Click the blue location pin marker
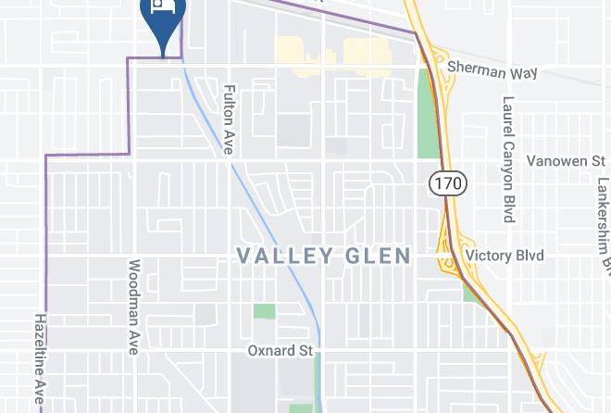coord(163,20)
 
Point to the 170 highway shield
coord(447,182)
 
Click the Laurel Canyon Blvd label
coord(508,159)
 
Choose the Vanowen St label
coord(565,161)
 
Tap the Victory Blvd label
coord(505,256)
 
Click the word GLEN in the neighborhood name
coord(376,256)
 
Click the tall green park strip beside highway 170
coord(427,112)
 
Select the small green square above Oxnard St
coord(265,311)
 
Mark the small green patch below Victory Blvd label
coord(470,292)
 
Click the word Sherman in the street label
coord(474,68)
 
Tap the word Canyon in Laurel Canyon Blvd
coord(508,162)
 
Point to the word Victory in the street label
coord(489,256)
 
